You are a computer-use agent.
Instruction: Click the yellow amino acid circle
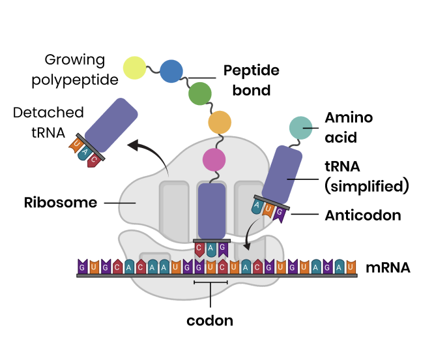click(x=135, y=68)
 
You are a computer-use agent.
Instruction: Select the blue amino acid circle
click(x=171, y=70)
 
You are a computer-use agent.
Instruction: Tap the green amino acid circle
click(x=200, y=95)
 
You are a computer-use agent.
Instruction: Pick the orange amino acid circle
click(x=220, y=123)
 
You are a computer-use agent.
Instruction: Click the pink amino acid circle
click(x=214, y=159)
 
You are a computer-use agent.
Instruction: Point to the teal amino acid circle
click(x=300, y=128)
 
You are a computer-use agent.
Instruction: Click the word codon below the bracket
click(x=210, y=320)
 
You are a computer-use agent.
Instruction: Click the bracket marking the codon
click(x=210, y=282)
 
